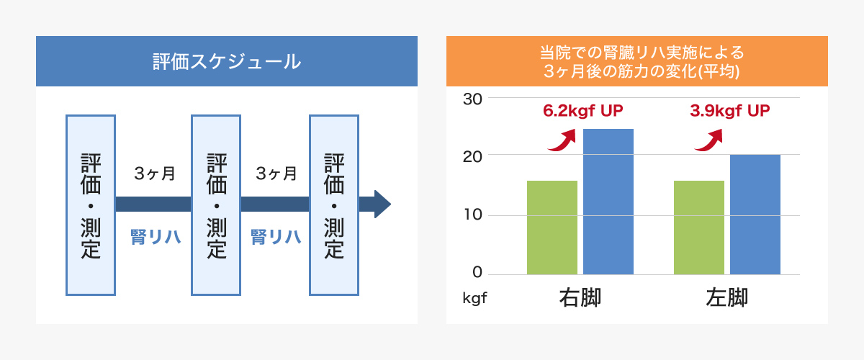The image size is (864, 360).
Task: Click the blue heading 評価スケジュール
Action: (227, 62)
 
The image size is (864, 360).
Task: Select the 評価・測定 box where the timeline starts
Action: (91, 205)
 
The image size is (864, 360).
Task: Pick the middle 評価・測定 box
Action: (216, 205)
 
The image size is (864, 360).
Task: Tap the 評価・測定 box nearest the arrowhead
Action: (334, 205)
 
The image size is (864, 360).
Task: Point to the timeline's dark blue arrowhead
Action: (382, 204)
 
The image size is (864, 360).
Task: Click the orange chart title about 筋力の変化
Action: (642, 62)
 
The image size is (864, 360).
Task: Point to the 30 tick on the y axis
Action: (472, 99)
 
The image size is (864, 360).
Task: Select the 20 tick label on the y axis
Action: (472, 157)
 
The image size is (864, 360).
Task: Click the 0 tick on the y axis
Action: (477, 272)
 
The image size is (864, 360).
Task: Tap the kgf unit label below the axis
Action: (474, 298)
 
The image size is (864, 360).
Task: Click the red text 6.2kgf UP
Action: (582, 111)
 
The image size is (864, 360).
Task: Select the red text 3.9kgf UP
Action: (730, 111)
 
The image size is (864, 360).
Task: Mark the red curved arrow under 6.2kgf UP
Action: (563, 141)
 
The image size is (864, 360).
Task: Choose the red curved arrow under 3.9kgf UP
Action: (710, 141)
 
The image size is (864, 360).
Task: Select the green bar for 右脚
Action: (552, 228)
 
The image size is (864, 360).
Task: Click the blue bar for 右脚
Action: (608, 202)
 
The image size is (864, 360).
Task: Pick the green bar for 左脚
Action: (699, 228)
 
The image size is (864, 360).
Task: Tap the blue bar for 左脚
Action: (755, 215)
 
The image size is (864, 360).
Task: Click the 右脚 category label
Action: (580, 297)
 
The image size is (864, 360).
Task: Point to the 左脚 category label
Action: (727, 297)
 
